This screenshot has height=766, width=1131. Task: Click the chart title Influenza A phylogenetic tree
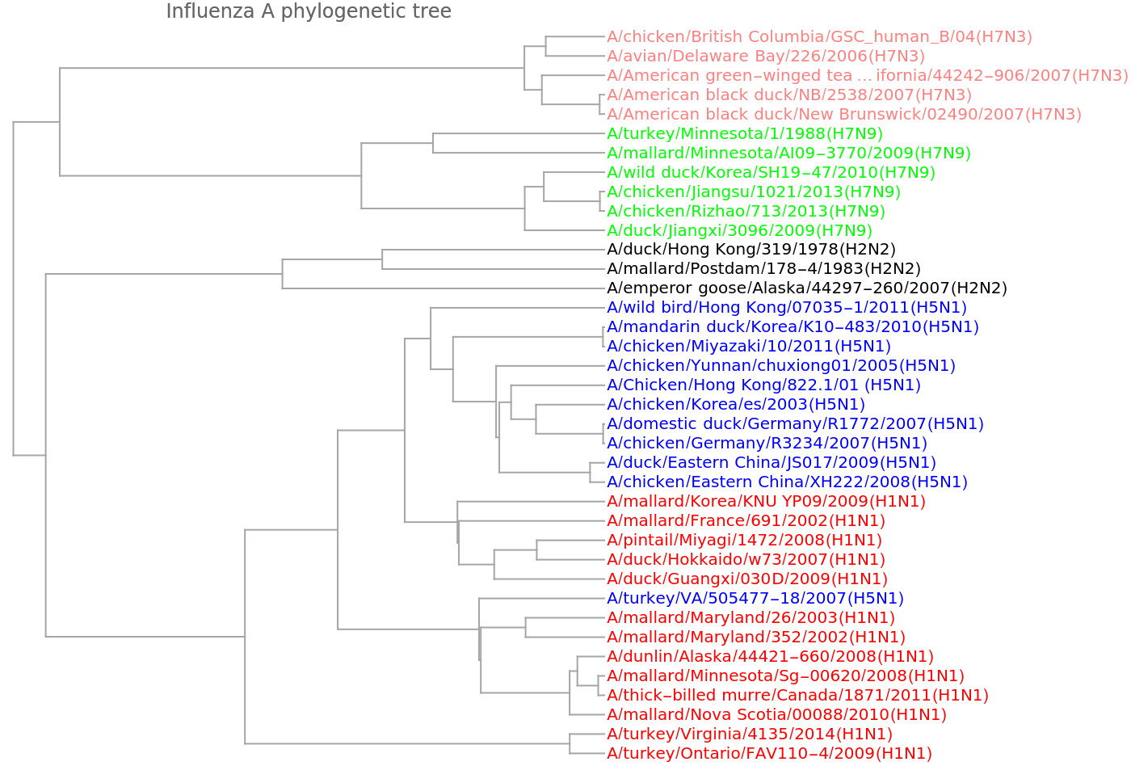coord(309,11)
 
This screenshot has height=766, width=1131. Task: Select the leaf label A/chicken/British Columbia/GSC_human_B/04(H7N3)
coord(819,36)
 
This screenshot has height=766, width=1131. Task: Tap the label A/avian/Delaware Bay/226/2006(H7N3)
coord(765,56)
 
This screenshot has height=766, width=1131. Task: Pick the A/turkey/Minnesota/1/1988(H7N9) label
coord(744,133)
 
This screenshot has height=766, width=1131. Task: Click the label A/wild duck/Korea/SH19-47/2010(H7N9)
coord(771,172)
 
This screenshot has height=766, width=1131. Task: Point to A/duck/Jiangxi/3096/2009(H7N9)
coord(739,230)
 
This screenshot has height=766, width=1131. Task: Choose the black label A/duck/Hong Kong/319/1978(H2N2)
coord(751,250)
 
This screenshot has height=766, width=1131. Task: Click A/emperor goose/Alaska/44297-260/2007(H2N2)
coord(807,288)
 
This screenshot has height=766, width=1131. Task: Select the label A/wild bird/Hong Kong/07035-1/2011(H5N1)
coord(786,308)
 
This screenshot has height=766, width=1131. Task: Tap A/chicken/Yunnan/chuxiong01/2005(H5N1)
coord(781,366)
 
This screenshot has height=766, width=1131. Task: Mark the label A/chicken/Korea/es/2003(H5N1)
coord(735,405)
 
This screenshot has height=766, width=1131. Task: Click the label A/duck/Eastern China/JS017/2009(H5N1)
coord(772,463)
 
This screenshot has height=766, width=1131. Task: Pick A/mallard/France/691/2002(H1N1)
coord(746,521)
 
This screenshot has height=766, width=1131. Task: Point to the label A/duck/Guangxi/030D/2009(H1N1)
coord(747,579)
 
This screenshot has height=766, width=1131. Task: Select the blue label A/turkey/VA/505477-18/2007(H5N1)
coord(755,599)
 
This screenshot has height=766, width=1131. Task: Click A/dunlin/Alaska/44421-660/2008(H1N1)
coord(770,657)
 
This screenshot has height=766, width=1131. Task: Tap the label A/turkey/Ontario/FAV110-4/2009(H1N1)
coord(769,754)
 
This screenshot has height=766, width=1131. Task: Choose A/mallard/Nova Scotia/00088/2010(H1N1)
coord(776,715)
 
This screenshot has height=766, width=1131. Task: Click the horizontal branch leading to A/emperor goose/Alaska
coord(444,288)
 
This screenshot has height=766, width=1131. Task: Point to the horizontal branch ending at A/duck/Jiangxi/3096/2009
coord(565,230)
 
